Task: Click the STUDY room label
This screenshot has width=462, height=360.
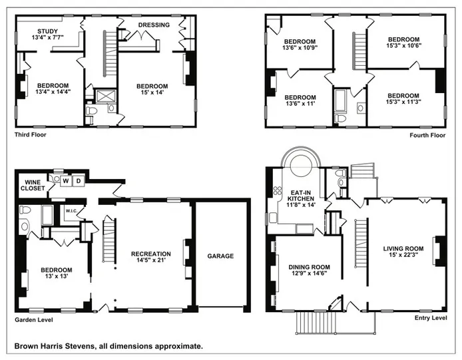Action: (x=47, y=31)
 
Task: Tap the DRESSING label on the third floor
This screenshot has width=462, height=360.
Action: (x=154, y=25)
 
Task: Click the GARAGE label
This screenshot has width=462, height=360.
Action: (x=220, y=256)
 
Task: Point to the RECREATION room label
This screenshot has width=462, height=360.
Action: (x=150, y=254)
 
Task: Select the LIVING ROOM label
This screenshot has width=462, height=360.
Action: (x=404, y=250)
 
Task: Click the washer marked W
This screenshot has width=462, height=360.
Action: (x=66, y=180)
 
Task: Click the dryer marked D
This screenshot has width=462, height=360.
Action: (x=78, y=180)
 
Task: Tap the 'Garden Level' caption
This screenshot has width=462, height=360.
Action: (x=34, y=319)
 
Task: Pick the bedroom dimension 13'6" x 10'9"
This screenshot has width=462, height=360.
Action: (x=299, y=47)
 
